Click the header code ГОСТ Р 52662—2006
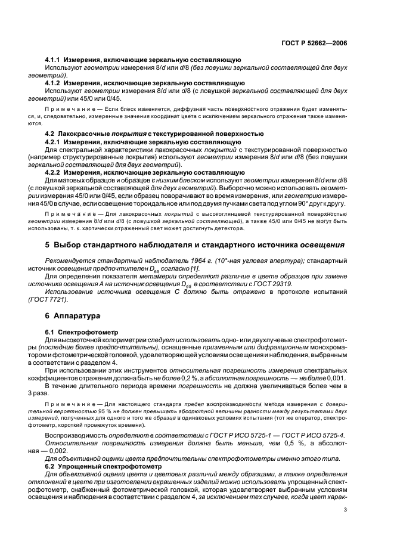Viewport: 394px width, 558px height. [319, 44]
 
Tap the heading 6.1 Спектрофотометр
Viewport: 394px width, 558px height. [82, 331]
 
